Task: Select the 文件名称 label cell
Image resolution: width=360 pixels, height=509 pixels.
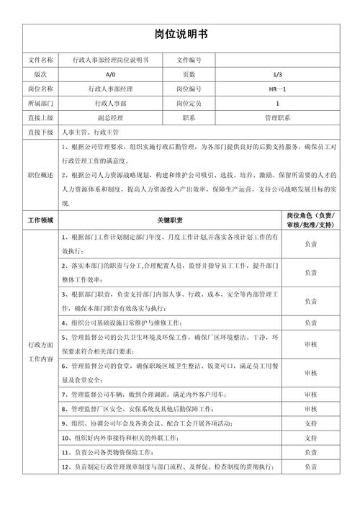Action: click(40, 60)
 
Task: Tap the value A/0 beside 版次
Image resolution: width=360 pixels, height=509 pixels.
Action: click(109, 74)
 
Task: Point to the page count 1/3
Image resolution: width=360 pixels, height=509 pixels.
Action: click(277, 74)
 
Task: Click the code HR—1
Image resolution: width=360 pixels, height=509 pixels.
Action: click(277, 89)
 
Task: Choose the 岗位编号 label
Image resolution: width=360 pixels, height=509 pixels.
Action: click(189, 89)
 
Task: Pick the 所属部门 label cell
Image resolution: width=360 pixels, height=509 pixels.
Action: click(40, 103)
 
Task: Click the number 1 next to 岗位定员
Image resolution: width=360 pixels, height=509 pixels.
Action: click(277, 103)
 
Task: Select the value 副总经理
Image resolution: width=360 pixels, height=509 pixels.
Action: click(109, 117)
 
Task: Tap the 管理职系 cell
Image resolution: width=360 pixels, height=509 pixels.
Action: click(277, 117)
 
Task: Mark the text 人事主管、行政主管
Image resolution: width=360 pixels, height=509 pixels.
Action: click(91, 133)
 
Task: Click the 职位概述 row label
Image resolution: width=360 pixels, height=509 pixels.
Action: click(40, 175)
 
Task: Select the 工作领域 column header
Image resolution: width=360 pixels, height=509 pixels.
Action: click(40, 219)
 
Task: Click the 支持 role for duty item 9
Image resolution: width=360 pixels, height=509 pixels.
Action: click(310, 423)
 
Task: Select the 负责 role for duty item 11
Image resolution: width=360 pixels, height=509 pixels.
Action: click(310, 452)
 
